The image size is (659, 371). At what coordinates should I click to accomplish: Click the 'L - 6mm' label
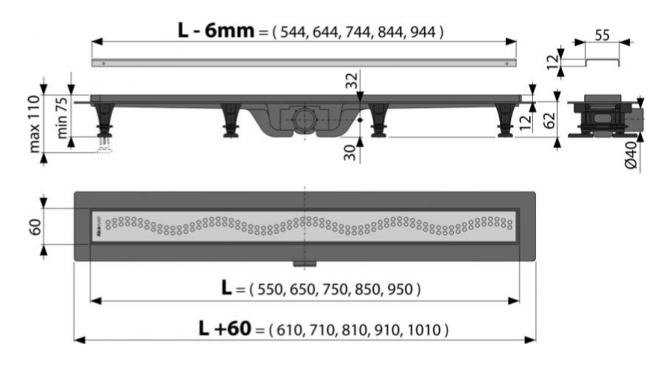tap(216, 31)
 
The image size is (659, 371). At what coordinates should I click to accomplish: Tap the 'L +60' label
tap(225, 328)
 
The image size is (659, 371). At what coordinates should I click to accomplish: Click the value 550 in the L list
tap(270, 290)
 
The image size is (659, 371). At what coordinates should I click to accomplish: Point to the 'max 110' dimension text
tap(34, 123)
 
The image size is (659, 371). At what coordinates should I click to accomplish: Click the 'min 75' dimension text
tap(62, 117)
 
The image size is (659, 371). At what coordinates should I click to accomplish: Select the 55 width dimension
tap(602, 35)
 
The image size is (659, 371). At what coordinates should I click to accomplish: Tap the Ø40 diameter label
tap(631, 155)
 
